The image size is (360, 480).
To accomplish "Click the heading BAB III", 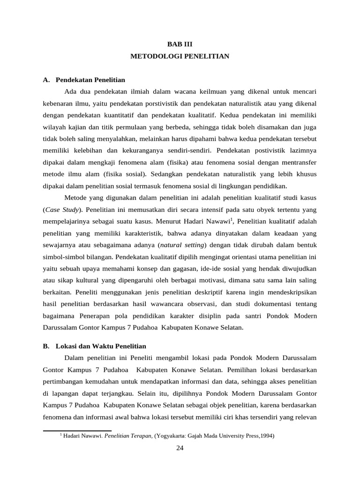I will pyautogui.click(x=180, y=44).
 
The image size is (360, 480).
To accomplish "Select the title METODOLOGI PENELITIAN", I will pyautogui.click(x=180, y=56).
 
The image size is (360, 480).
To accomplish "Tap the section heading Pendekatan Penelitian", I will pyautogui.click(x=90, y=80).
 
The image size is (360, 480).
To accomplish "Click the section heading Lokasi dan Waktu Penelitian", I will pyautogui.click(x=101, y=346).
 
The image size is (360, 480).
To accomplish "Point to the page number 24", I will pyautogui.click(x=180, y=448).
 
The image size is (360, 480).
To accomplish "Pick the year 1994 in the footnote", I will pyautogui.click(x=267, y=435).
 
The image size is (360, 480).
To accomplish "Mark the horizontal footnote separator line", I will pyautogui.click(x=77, y=430).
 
